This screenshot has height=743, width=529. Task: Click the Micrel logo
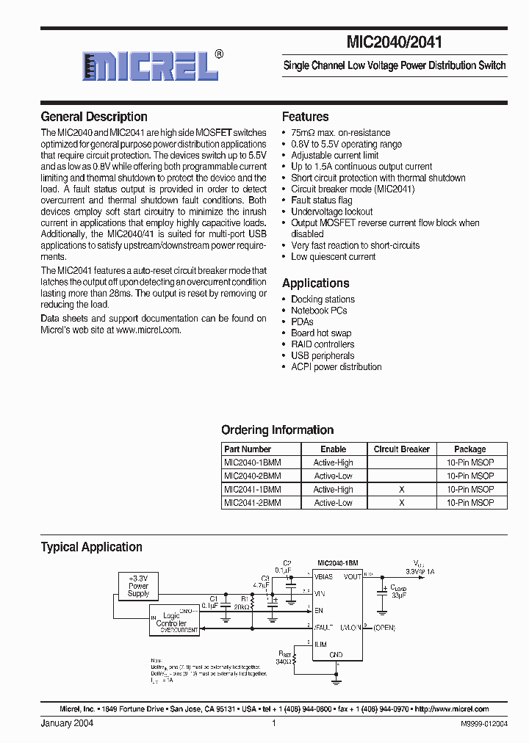tap(151, 65)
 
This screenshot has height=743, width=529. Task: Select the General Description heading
tap(94, 117)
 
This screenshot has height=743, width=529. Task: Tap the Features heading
tap(305, 117)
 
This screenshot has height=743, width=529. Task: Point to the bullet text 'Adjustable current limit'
tap(334, 156)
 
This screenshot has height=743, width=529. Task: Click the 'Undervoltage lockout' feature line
tap(331, 211)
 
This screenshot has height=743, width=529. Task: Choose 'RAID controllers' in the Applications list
tap(322, 344)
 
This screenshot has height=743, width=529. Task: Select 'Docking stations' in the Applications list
tap(323, 300)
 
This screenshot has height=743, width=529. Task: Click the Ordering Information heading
tap(277, 430)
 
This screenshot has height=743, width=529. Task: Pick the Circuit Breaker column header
tap(401, 449)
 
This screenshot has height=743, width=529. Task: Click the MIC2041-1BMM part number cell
tap(252, 489)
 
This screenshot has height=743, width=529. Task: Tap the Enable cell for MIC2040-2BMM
tap(333, 476)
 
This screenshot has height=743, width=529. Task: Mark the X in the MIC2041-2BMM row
tap(401, 503)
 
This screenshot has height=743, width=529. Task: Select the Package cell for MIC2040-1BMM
tap(469, 463)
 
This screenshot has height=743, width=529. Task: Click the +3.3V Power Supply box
tap(138, 586)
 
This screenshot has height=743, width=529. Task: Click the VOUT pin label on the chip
tap(353, 576)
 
